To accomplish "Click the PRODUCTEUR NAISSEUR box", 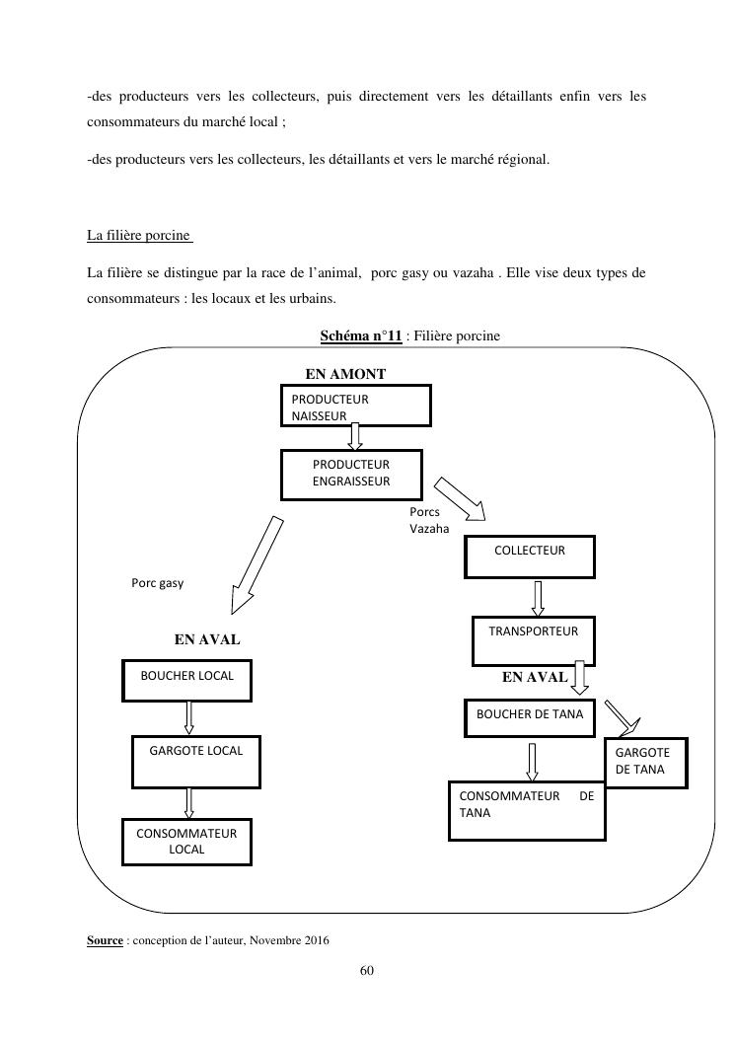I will (355, 406).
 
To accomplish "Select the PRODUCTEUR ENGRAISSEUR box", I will (351, 475).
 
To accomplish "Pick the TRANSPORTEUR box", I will (534, 639).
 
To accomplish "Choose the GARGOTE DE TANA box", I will (645, 762).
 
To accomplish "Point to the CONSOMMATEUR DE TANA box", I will (527, 811).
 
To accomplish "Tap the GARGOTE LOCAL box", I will (195, 761).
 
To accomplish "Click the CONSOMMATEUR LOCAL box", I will (186, 842).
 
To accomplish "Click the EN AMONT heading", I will (345, 374).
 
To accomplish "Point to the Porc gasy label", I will (157, 583).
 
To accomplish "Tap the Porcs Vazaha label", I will (428, 520).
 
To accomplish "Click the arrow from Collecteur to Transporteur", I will (538, 598).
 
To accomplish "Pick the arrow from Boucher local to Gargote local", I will (188, 716).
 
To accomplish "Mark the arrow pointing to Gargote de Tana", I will (625, 718).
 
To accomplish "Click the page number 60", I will (367, 971).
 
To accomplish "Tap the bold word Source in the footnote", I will (105, 940).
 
